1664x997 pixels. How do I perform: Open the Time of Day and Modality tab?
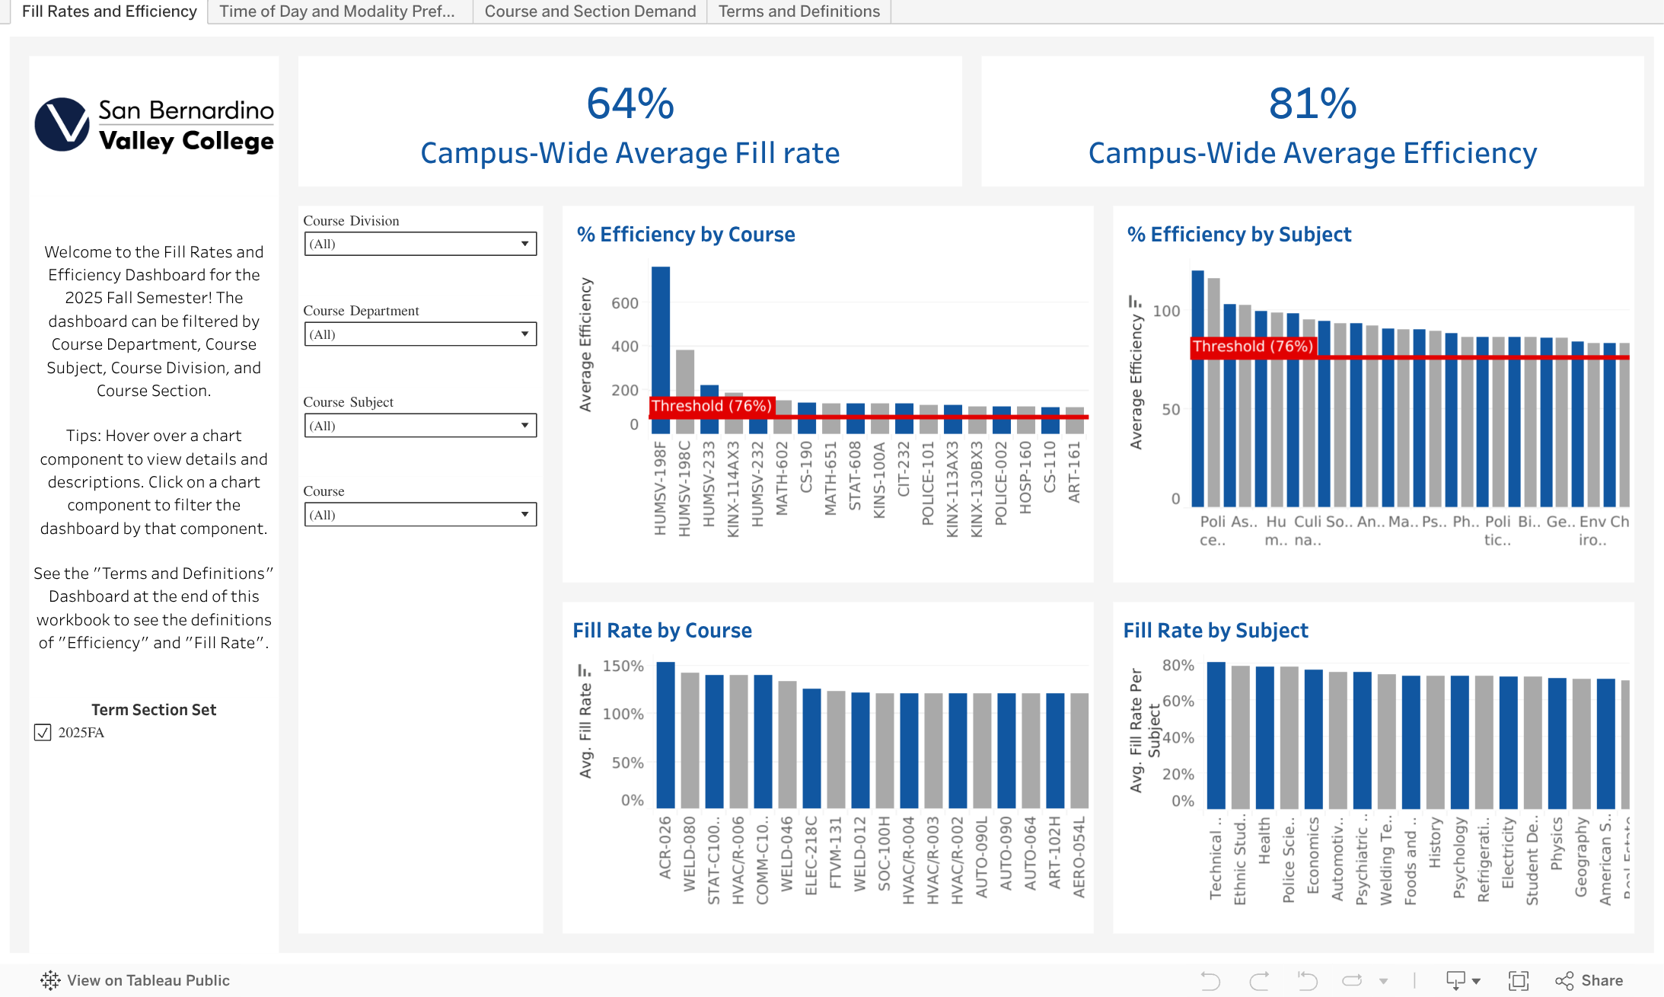click(x=337, y=11)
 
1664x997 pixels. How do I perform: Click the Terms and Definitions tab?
click(x=799, y=11)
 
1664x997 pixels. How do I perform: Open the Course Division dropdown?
click(x=420, y=244)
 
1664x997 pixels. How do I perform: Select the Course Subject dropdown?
click(x=420, y=426)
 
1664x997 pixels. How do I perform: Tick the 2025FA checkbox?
click(x=43, y=733)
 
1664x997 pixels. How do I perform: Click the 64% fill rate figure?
click(x=630, y=104)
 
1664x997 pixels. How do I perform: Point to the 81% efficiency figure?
click(x=1312, y=104)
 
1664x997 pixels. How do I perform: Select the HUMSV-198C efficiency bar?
click(x=685, y=381)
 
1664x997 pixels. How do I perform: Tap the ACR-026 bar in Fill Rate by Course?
click(x=666, y=735)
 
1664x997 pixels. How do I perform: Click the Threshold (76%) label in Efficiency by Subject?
click(x=1253, y=347)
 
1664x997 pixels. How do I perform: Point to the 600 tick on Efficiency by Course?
click(x=625, y=303)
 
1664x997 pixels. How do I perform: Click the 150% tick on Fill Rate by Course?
click(x=623, y=666)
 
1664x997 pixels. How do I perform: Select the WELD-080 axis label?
click(x=690, y=854)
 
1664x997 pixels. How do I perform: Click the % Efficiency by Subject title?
click(x=1239, y=235)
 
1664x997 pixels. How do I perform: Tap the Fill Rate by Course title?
click(x=662, y=631)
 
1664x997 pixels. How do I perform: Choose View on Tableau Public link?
click(x=135, y=980)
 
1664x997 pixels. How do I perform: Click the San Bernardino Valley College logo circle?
click(x=62, y=124)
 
